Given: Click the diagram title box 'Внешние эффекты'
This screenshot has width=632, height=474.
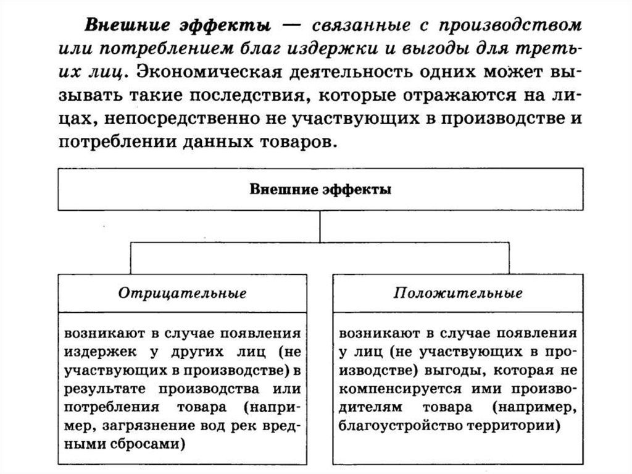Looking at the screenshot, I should point(320,189).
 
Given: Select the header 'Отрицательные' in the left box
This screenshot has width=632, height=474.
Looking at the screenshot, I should point(182,292).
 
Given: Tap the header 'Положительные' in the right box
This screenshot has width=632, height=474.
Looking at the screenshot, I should point(458,292).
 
